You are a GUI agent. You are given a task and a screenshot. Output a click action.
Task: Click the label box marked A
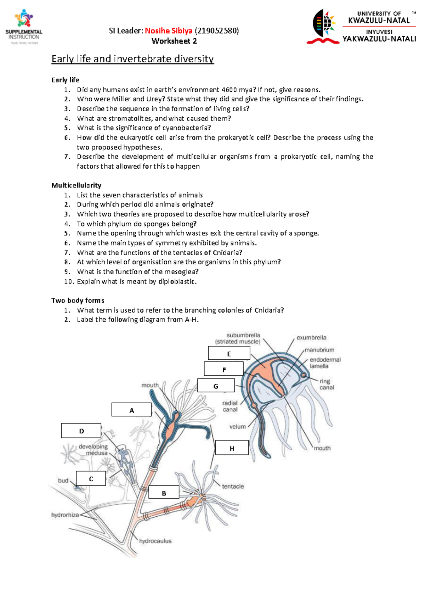point(131,410)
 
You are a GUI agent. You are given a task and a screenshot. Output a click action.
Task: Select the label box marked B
point(164,492)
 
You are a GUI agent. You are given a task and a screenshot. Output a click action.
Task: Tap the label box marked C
point(91,478)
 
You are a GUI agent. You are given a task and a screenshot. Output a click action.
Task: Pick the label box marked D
point(81,431)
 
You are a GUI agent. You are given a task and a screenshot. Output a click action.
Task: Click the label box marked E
point(229,353)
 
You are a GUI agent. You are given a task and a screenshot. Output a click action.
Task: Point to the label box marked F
point(224,369)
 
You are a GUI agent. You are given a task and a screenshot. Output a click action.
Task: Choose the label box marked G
point(216,386)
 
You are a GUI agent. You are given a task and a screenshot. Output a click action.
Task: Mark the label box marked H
point(232,448)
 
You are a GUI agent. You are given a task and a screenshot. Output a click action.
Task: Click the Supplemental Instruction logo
point(24,27)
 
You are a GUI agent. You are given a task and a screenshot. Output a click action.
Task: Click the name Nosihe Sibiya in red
point(169,31)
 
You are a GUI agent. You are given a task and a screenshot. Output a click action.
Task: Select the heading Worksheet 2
point(174,41)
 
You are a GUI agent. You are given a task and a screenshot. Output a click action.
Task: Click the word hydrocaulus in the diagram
point(155,541)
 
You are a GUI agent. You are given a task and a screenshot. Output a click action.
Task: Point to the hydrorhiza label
point(65,515)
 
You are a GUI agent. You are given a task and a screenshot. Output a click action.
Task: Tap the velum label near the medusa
point(237,427)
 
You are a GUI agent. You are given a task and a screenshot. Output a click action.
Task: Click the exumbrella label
point(311,338)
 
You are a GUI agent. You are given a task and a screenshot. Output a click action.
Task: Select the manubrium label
point(319,350)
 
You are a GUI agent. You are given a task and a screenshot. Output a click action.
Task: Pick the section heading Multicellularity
point(76,185)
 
